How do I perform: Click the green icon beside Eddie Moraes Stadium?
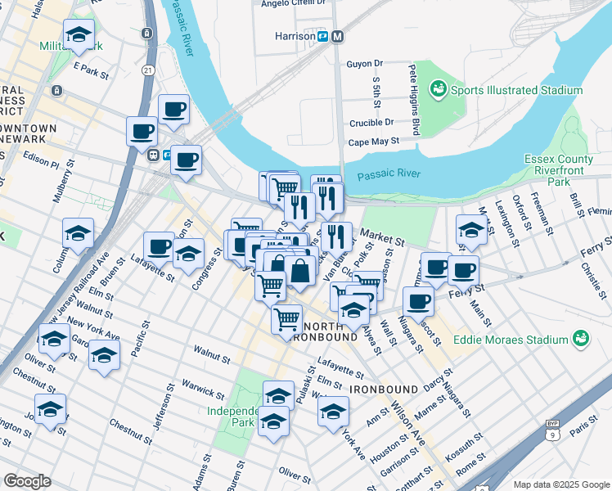(581, 339)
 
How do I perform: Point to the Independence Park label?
(232, 417)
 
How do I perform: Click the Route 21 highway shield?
(147, 70)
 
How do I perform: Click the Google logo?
(27, 480)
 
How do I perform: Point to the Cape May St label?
(373, 141)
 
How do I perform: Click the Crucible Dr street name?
(371, 122)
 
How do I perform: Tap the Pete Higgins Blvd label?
(414, 101)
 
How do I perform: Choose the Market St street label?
(385, 241)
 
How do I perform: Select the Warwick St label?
(204, 390)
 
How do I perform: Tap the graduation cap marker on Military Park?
(79, 36)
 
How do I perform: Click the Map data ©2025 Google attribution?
(560, 484)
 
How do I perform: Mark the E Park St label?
(91, 69)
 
